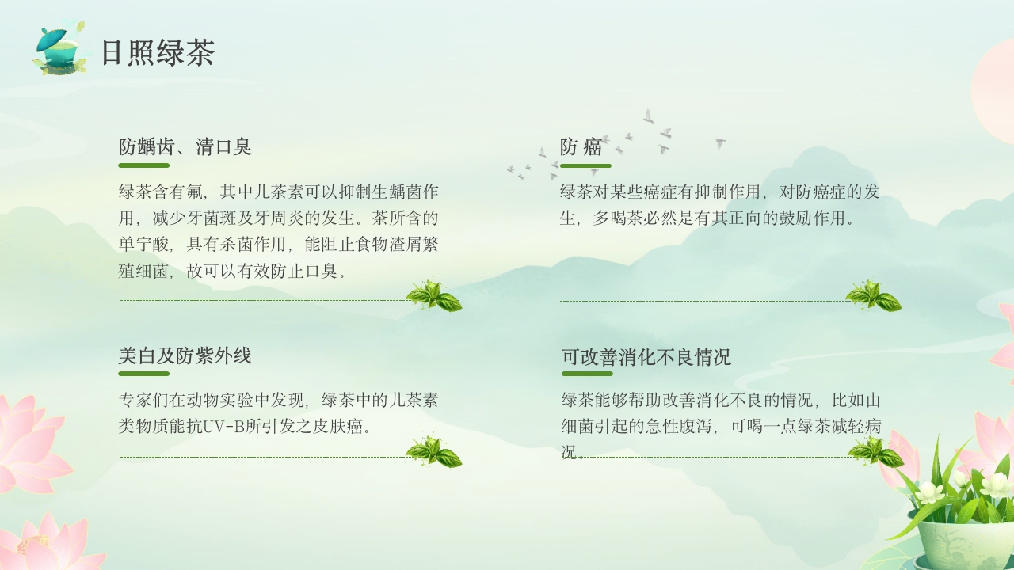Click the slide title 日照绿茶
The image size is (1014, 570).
[158, 53]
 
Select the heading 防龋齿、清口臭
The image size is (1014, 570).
[185, 146]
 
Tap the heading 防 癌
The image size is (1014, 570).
[581, 147]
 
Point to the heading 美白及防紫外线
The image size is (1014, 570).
[185, 356]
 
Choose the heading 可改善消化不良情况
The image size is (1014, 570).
[646, 357]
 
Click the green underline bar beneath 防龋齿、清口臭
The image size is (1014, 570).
[143, 165]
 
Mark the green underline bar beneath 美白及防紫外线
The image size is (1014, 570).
[143, 374]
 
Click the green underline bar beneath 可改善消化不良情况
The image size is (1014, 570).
[587, 374]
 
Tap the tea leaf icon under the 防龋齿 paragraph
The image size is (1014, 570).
[433, 296]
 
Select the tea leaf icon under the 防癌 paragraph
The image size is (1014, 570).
[873, 296]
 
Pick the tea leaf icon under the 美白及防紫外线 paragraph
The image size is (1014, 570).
[433, 452]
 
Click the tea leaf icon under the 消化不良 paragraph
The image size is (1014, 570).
[875, 452]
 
